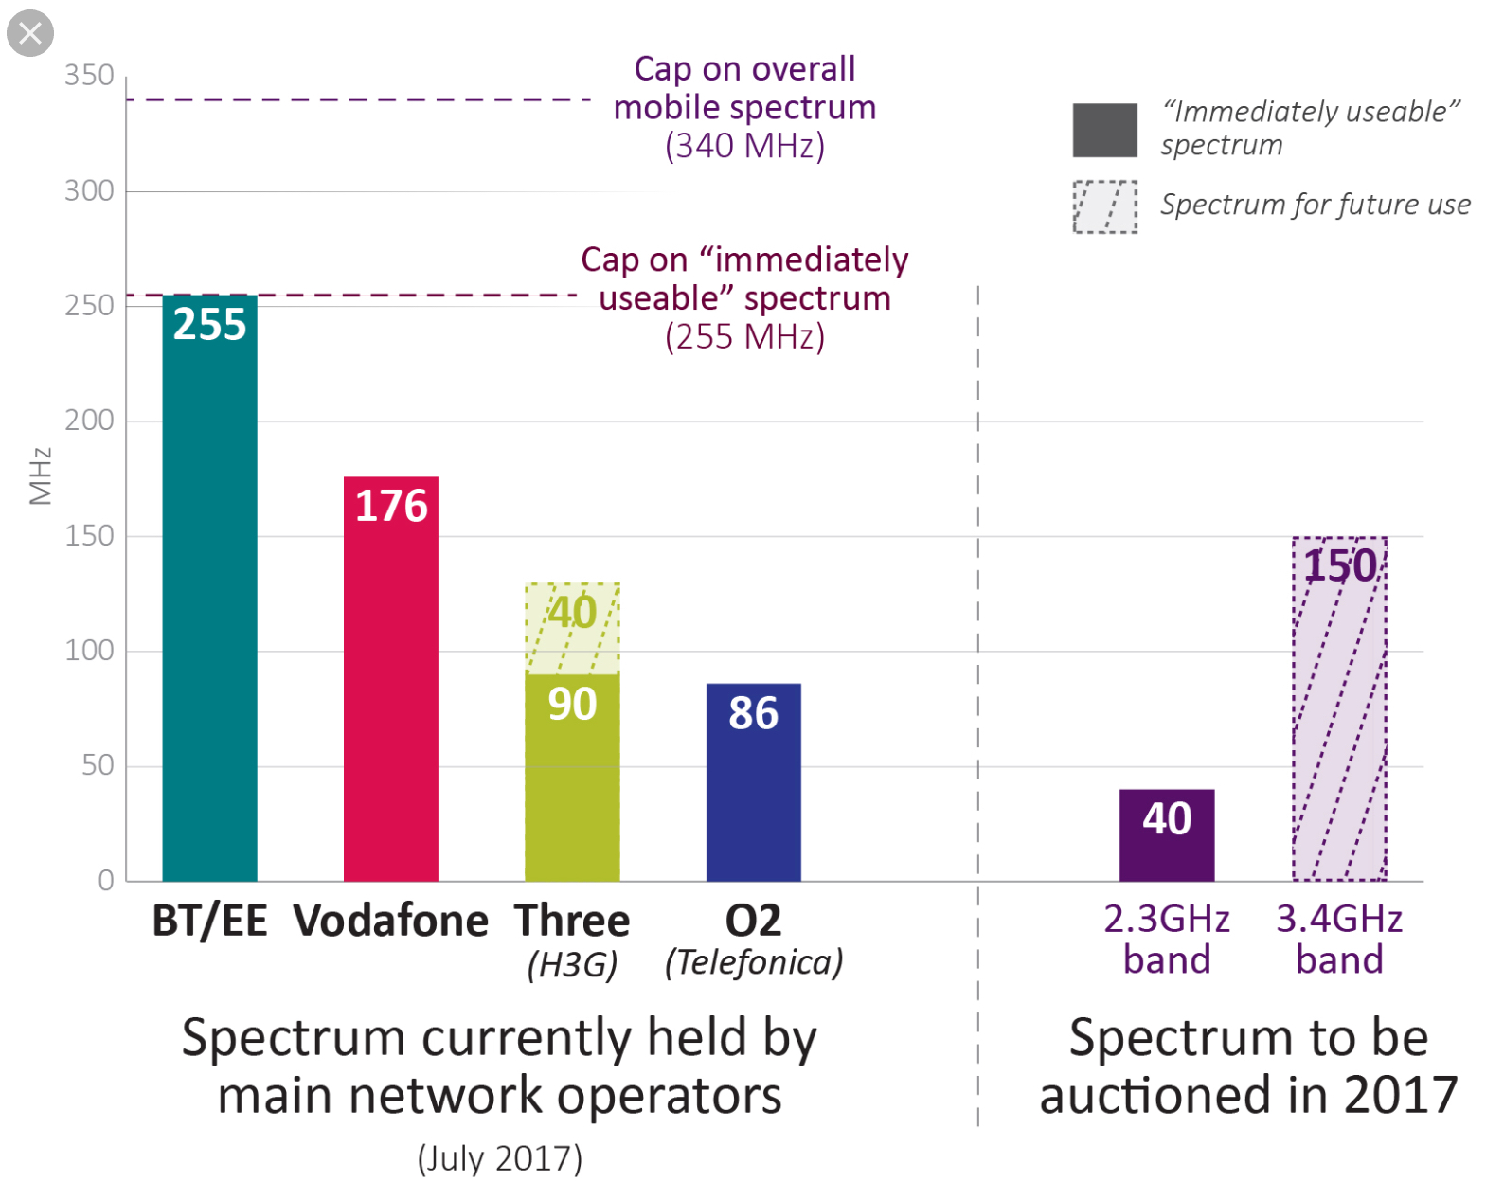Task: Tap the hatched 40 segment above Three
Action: pos(572,629)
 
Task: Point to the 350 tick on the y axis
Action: pos(89,76)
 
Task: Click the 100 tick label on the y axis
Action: pos(89,651)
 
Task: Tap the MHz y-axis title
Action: pos(40,476)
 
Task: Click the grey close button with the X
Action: pos(30,33)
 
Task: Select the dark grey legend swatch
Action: pos(1104,130)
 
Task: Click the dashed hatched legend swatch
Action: pos(1104,206)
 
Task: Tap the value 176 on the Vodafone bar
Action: pos(391,506)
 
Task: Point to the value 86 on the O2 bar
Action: pos(753,713)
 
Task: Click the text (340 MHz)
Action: pos(744,147)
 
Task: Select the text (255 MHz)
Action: pos(744,337)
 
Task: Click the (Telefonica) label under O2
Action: pos(754,963)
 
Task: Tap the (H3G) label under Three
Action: pos(572,965)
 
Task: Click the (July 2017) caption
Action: pos(500,1158)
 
